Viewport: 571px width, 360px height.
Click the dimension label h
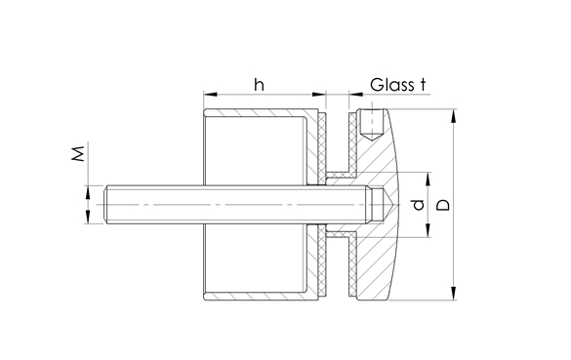260,85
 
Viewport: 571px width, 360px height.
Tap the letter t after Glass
423,85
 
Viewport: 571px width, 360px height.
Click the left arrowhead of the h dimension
208,96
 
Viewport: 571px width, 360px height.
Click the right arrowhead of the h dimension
320,96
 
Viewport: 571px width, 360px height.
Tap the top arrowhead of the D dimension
455,115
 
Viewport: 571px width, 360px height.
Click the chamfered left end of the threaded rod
104,205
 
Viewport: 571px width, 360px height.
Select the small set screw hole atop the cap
368,123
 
